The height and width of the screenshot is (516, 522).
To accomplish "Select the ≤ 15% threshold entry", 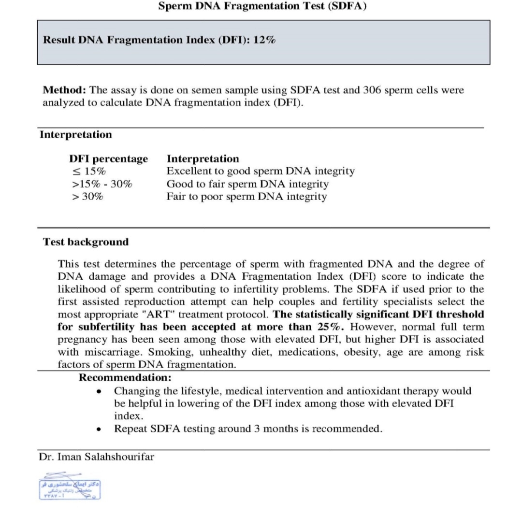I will [x=88, y=172].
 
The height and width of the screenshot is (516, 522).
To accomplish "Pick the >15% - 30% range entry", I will [x=101, y=184].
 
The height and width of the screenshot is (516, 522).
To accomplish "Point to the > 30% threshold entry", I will [x=87, y=197].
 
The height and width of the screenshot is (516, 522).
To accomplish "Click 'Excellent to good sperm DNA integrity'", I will [x=261, y=172].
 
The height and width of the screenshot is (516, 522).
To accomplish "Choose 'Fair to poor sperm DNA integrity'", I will [x=246, y=197].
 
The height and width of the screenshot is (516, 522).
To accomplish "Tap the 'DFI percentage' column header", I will [x=108, y=159].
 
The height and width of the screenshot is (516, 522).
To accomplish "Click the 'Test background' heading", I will [x=86, y=242].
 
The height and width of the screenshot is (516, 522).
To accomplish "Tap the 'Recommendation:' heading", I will [x=125, y=377].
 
